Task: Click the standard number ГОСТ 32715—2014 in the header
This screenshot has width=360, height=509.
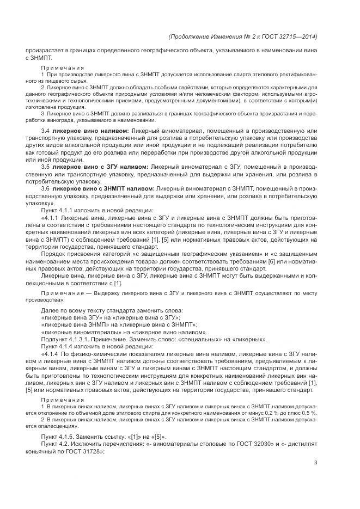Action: pos(291,36)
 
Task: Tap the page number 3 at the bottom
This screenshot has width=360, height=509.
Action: pos(315,463)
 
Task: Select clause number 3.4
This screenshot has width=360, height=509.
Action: pos(45,131)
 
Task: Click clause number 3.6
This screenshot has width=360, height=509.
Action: pos(45,188)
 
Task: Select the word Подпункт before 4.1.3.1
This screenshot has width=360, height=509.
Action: pos(56,339)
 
